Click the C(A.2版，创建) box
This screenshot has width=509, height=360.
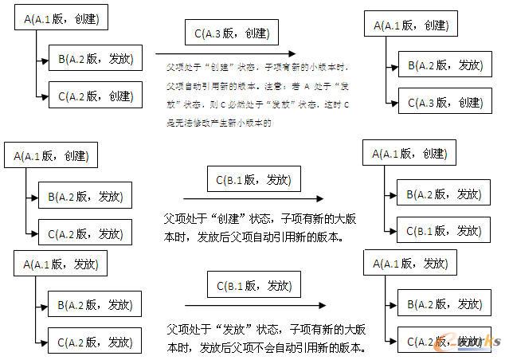[95, 96]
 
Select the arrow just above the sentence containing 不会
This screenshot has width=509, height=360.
[254, 305]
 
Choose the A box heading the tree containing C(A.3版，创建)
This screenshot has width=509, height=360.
[410, 25]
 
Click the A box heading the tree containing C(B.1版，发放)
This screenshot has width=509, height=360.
[409, 154]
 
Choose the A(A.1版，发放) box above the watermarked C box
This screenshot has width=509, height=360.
[409, 263]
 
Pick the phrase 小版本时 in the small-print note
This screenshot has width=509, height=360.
[324, 69]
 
